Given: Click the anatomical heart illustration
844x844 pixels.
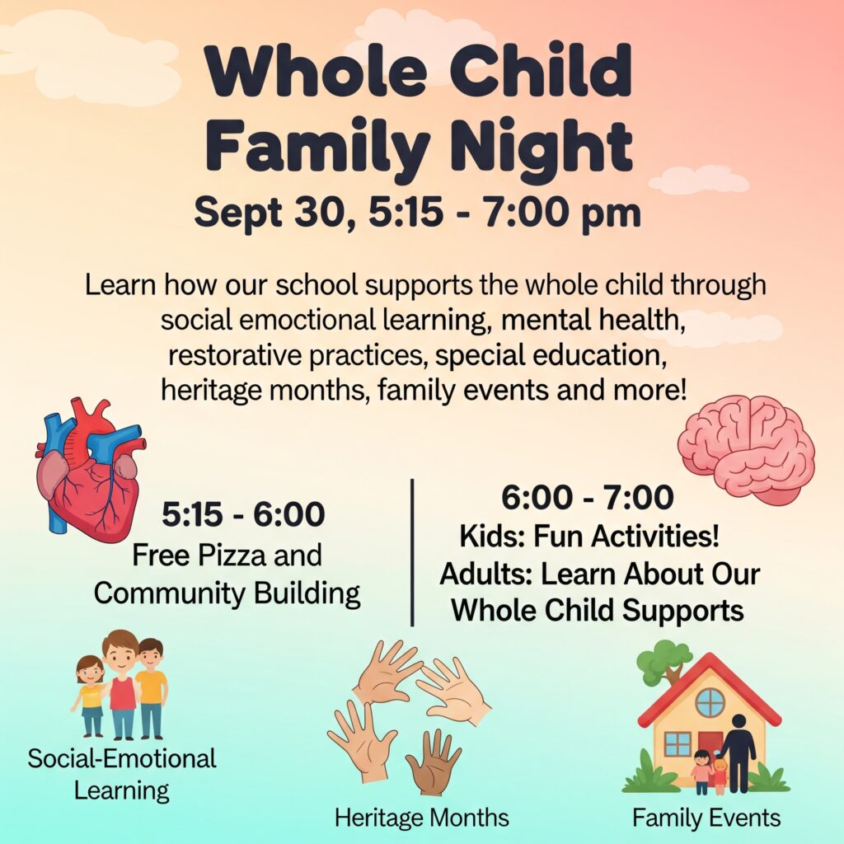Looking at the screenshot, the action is pos(89,471).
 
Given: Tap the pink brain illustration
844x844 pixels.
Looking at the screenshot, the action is pos(746,450).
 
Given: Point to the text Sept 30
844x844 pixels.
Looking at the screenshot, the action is pos(270,212).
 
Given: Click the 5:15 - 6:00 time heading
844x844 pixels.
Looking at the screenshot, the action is pos(243,514).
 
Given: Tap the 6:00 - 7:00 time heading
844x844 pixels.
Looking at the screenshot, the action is pos(587,497).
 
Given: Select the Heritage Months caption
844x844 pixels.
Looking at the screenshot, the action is pos(421,818).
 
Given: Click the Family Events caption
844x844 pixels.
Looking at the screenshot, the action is pos(706,818).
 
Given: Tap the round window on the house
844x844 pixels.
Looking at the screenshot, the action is pos(710,702).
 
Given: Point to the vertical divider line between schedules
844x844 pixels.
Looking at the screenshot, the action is pos(412,552).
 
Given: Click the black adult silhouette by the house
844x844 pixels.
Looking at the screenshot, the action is pos(738,753).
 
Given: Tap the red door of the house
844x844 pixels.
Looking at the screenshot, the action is pos(710,749).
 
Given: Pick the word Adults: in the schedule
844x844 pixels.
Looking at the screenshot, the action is pos(486,574).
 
